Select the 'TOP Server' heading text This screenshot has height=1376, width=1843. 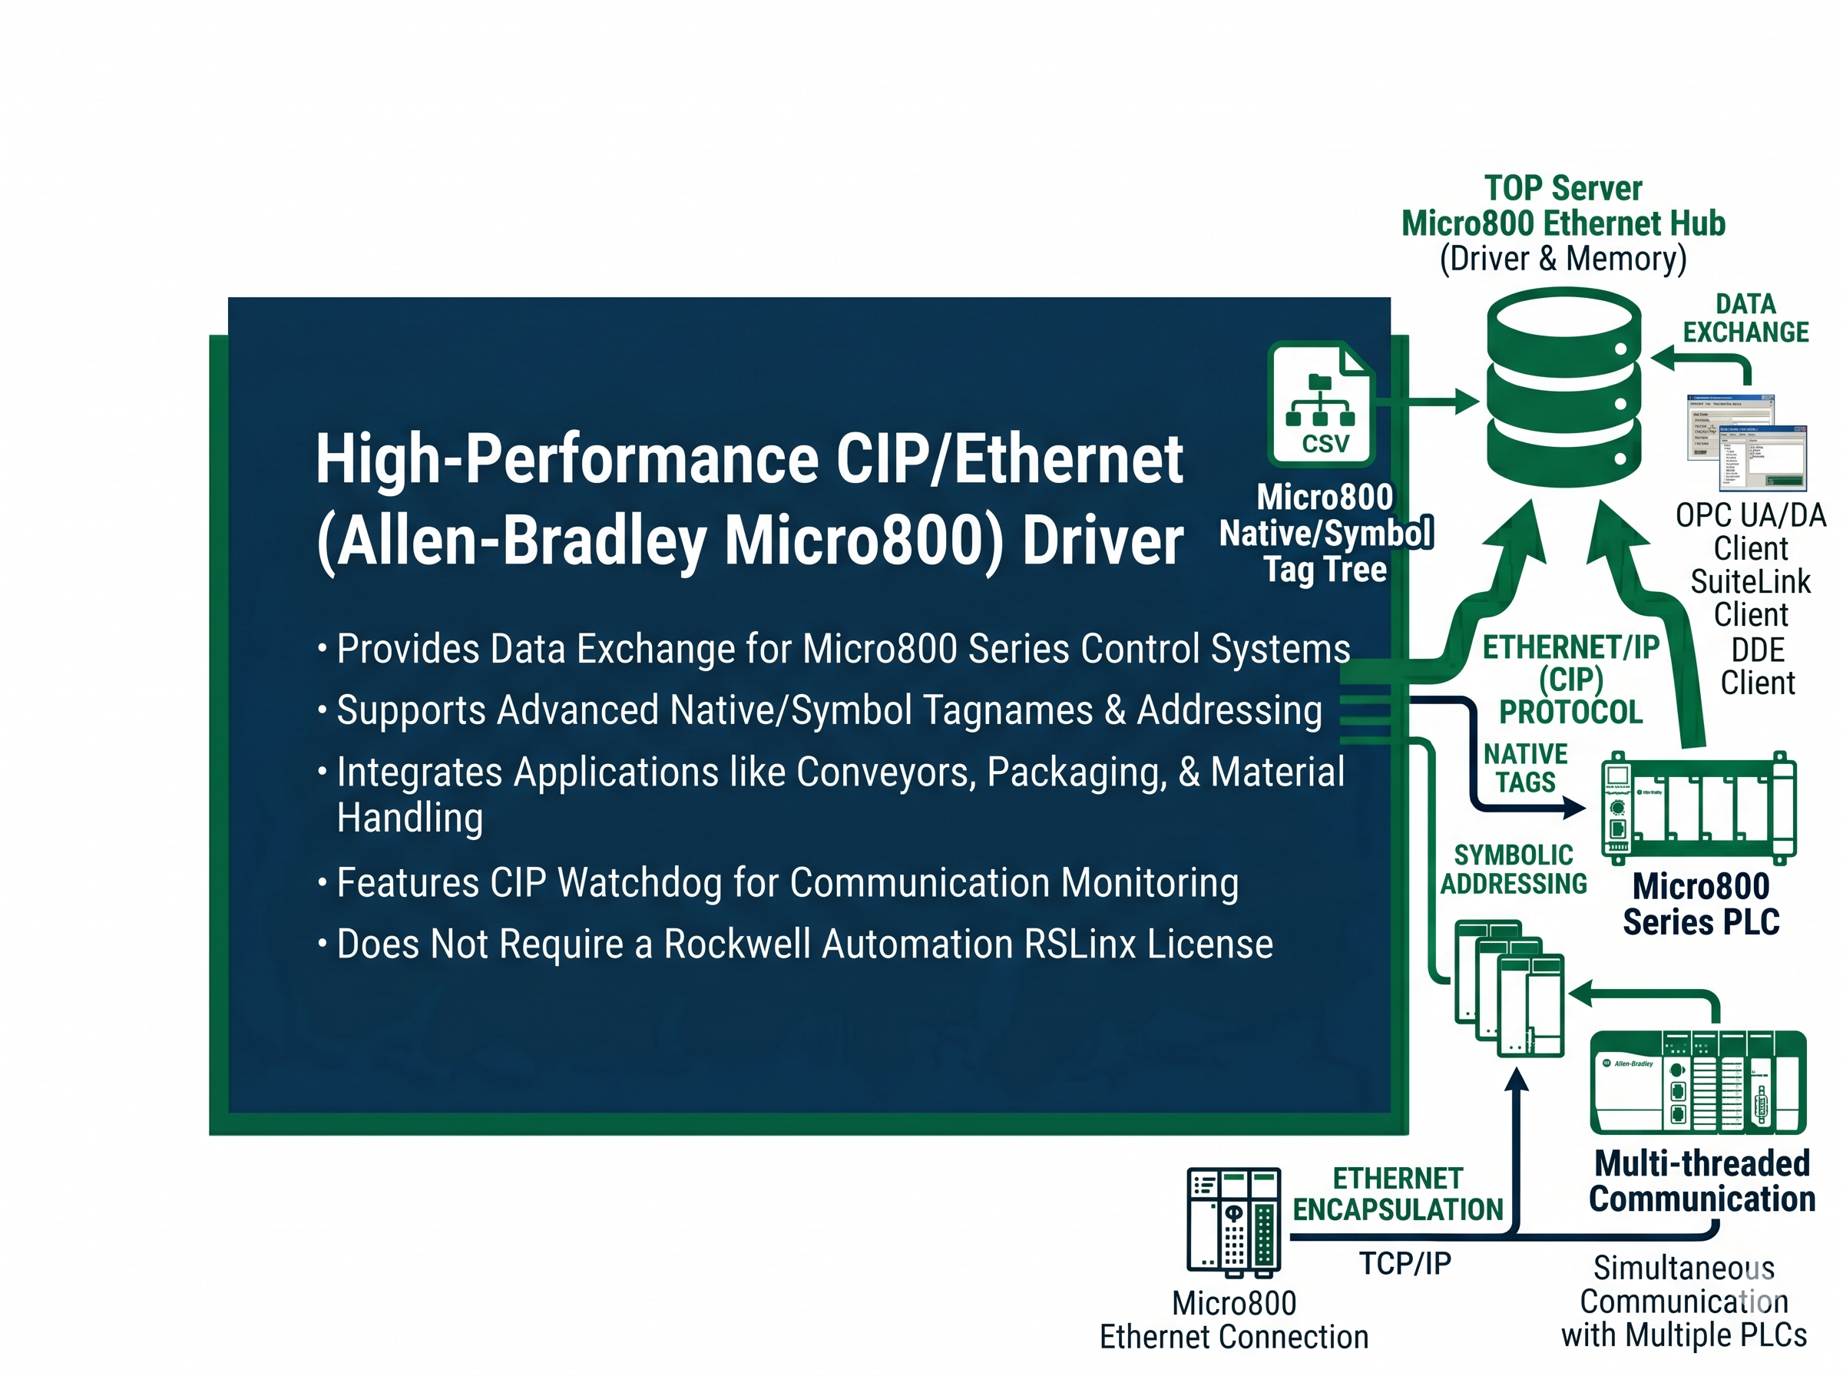click(x=1563, y=188)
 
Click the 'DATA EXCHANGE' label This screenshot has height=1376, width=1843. click(x=1745, y=318)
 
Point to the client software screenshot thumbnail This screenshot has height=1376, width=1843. click(x=1746, y=442)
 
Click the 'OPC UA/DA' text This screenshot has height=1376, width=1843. click(x=1751, y=515)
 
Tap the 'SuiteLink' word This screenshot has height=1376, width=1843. click(x=1750, y=581)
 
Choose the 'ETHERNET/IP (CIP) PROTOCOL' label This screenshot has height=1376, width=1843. click(x=1570, y=679)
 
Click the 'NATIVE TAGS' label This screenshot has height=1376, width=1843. click(x=1525, y=768)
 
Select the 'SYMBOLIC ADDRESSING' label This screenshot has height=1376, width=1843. click(x=1514, y=868)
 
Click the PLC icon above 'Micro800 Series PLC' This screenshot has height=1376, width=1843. click(x=1699, y=807)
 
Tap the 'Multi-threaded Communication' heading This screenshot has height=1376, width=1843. click(x=1702, y=1181)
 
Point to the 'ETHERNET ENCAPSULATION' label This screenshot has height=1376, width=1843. click(x=1398, y=1193)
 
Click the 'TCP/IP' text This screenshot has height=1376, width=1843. click(x=1405, y=1262)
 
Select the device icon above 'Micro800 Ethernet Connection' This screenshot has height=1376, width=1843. click(x=1233, y=1222)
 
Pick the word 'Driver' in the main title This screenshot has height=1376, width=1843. click(x=1102, y=541)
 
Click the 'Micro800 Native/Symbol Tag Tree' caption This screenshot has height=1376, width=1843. click(x=1325, y=533)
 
